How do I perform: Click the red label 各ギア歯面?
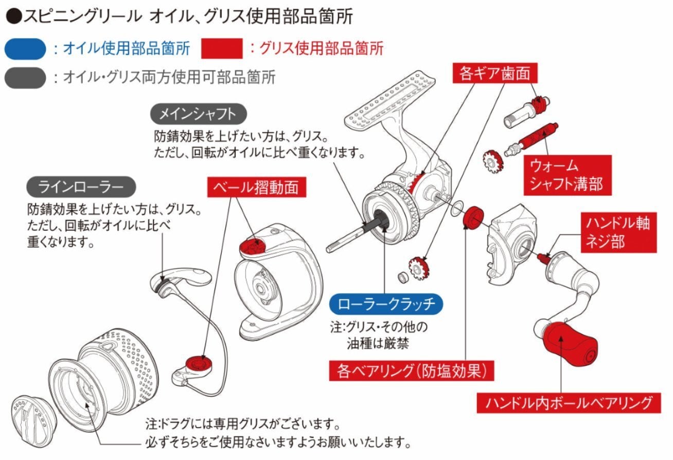495,73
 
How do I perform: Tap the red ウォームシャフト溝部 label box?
568,175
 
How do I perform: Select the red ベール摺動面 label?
257,187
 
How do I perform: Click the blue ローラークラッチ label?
386,304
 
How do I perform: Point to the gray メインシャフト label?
198,114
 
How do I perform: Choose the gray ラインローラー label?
81,187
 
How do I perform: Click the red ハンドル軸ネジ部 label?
618,232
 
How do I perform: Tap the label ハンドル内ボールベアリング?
569,403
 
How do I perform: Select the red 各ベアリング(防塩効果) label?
412,371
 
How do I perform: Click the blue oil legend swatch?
25,49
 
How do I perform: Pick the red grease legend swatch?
222,48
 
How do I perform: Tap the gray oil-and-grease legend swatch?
25,78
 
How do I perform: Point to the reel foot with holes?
389,99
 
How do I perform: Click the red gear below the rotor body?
419,268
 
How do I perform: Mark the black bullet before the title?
14,16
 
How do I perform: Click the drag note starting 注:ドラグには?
278,433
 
